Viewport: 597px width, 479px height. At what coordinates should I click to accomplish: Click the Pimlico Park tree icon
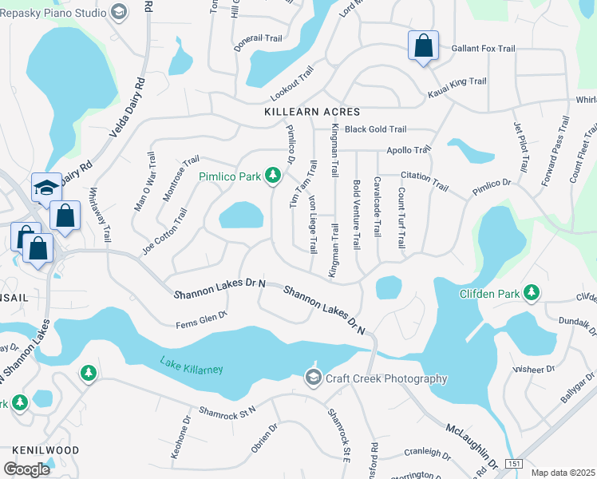pyautogui.click(x=273, y=174)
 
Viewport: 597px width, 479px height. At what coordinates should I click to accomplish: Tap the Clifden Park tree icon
pyautogui.click(x=532, y=293)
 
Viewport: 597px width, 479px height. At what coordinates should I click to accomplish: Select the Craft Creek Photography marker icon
pyautogui.click(x=313, y=378)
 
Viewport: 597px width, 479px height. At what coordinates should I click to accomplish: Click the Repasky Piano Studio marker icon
pyautogui.click(x=119, y=11)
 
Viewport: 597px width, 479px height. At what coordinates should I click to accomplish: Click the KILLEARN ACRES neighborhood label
pyautogui.click(x=312, y=113)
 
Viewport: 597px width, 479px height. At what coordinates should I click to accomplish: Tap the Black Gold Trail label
pyautogui.click(x=375, y=129)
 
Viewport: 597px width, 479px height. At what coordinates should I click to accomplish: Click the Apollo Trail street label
pyautogui.click(x=408, y=149)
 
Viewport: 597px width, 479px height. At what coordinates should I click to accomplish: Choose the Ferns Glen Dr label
pyautogui.click(x=202, y=320)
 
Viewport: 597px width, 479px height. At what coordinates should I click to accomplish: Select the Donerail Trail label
pyautogui.click(x=259, y=38)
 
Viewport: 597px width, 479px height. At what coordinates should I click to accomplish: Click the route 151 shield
pyautogui.click(x=515, y=464)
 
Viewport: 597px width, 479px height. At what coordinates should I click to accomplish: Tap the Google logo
pyautogui.click(x=26, y=469)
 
